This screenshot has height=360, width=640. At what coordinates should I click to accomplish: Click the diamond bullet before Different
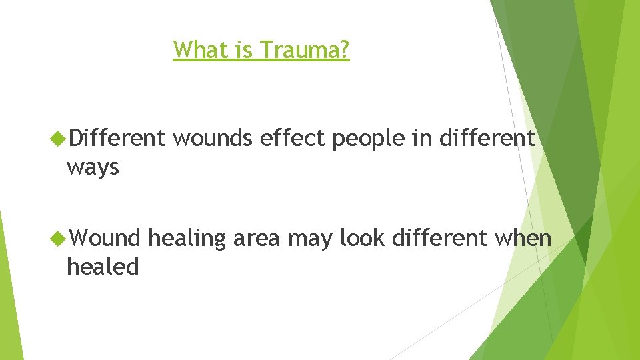pyautogui.click(x=58, y=139)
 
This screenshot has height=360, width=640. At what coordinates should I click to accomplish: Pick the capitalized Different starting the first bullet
pyautogui.click(x=116, y=138)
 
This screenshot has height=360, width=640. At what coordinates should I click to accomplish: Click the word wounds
pyautogui.click(x=213, y=138)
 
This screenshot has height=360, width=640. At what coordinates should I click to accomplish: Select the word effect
pyautogui.click(x=293, y=138)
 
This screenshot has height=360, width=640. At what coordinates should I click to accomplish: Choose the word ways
pyautogui.click(x=93, y=168)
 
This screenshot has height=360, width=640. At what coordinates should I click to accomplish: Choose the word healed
pyautogui.click(x=103, y=267)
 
